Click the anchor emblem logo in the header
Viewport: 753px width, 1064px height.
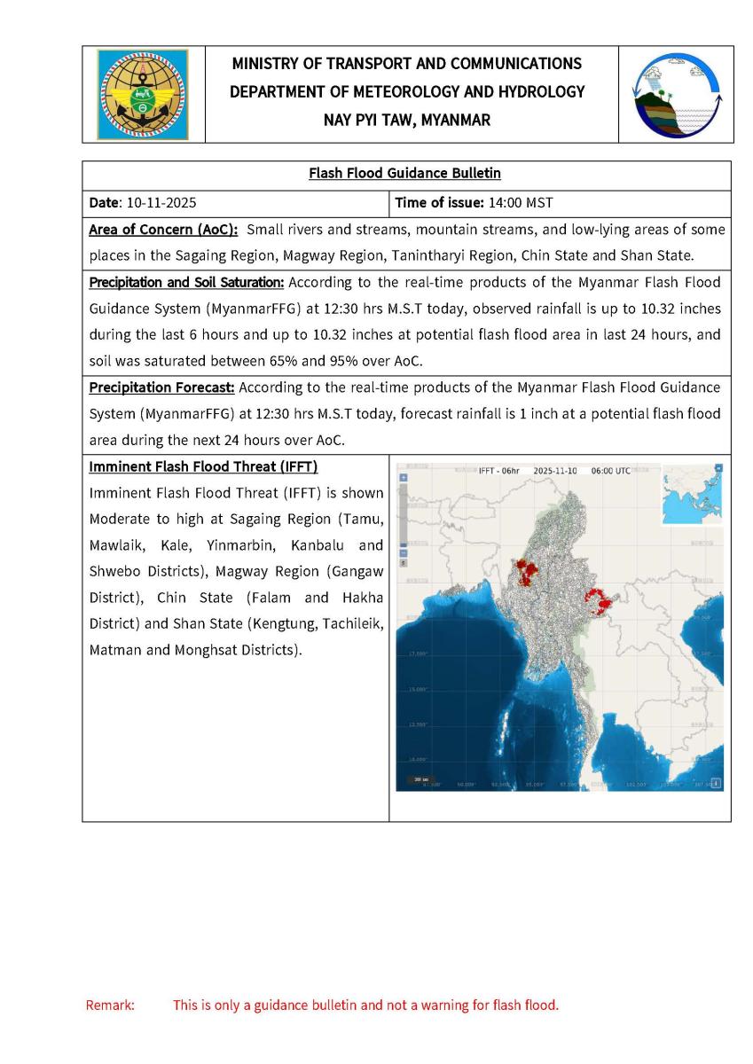tap(143, 95)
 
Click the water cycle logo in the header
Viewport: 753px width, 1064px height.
tap(676, 95)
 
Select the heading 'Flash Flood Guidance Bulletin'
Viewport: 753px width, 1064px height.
tap(407, 174)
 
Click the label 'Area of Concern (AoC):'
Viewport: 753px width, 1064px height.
tap(164, 230)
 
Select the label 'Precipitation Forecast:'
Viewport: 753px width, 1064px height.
tap(162, 387)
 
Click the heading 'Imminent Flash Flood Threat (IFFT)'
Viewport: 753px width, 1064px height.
tap(203, 466)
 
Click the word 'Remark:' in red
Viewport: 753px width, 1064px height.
tap(110, 1005)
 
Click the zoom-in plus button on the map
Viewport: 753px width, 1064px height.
tap(404, 477)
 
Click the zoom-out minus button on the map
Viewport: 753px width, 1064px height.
tap(404, 552)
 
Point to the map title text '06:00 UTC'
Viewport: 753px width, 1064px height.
tap(610, 471)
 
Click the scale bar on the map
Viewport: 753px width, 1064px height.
tap(417, 779)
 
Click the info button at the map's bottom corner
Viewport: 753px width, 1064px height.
tap(717, 783)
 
